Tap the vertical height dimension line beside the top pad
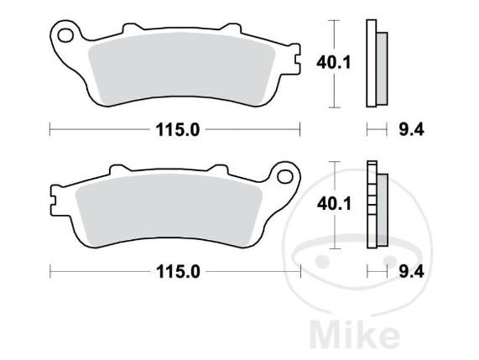335,64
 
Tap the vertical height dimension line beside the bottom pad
335,205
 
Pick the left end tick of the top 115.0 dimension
50,129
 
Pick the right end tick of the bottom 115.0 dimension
300,271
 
